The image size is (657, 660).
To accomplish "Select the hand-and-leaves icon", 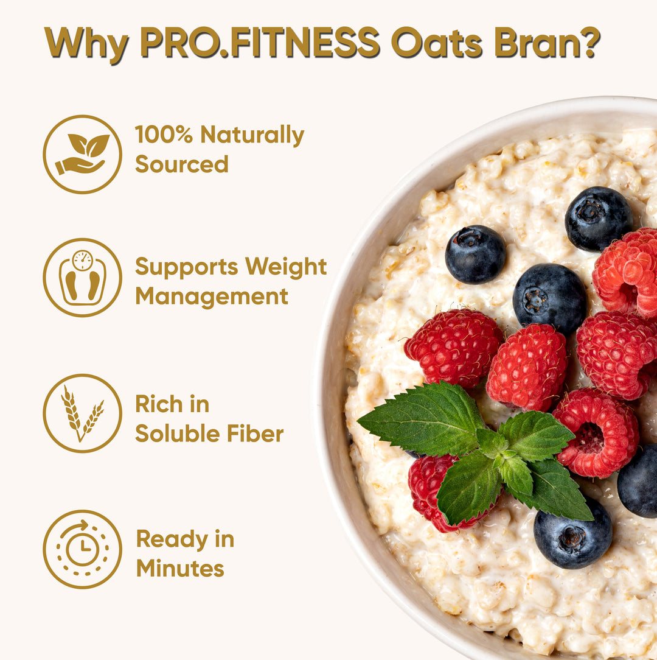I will click(82, 155).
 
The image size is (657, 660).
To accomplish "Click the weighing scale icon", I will click(82, 278).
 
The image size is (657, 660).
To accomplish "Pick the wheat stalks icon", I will click(82, 413).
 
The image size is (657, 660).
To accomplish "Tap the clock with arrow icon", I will click(82, 549).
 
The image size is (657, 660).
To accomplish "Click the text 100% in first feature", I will click(164, 135).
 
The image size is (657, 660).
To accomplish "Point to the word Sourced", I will click(181, 164).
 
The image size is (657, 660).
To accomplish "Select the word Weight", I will click(285, 267).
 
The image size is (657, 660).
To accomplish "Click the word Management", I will click(211, 297).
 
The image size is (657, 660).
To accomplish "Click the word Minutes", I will click(180, 569).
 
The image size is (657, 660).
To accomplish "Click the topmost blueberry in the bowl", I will click(599, 219).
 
